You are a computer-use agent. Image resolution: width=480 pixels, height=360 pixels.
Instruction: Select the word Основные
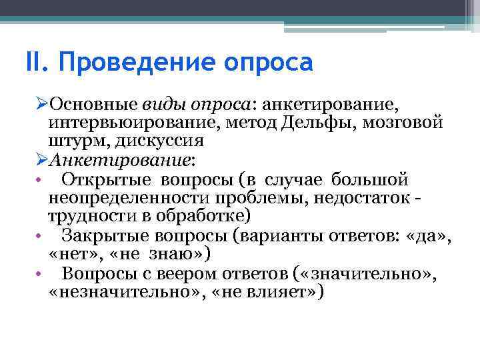(93, 105)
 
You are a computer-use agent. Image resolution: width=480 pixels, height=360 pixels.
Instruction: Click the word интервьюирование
(135, 123)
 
